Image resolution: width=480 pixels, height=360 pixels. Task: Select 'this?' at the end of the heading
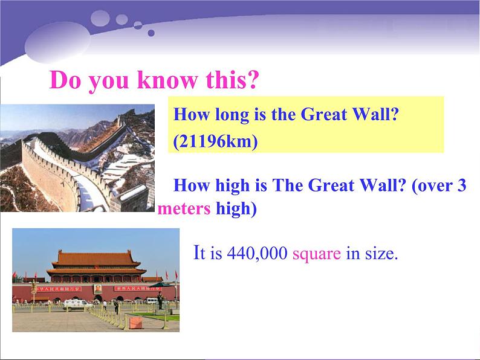coord(232,80)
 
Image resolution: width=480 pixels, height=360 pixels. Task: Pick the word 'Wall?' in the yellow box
coord(379,115)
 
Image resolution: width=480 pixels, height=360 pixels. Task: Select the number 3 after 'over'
coord(462,185)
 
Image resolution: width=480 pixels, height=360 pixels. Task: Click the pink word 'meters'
coord(184,209)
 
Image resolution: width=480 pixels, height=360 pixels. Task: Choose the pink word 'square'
coord(317,254)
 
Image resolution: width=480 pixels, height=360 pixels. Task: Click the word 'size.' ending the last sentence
coord(381,254)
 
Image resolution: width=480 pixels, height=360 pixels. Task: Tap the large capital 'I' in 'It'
coord(196,252)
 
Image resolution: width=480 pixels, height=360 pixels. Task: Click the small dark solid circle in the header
coord(151,33)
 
